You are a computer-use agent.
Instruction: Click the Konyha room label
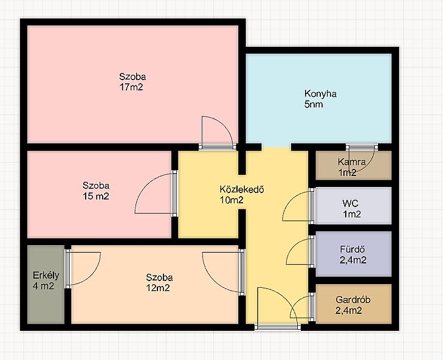click(320, 93)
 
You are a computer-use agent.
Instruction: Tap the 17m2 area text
click(131, 87)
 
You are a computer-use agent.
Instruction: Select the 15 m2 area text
click(96, 196)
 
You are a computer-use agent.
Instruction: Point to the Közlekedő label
click(242, 189)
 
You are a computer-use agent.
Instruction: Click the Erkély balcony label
click(46, 275)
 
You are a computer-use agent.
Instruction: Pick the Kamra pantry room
click(354, 166)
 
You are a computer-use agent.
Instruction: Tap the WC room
click(354, 206)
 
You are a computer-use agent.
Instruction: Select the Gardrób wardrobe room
click(354, 304)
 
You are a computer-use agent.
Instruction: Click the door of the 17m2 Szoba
click(218, 133)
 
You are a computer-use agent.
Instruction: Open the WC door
click(298, 206)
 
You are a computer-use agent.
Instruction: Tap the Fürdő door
click(300, 251)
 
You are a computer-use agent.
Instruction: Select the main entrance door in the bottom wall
click(278, 308)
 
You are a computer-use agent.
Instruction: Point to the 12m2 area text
click(158, 288)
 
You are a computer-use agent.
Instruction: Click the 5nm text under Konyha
click(314, 104)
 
